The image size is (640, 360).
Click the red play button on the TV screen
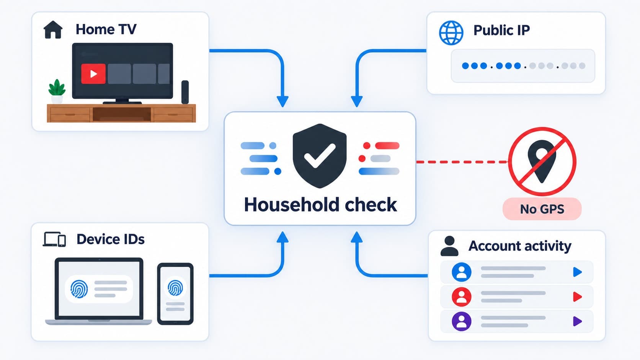pos(93,74)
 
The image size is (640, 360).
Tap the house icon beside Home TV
pos(53,29)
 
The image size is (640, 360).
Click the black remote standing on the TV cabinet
pos(185,92)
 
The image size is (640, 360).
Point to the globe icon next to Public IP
pos(451,33)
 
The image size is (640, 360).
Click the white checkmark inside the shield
pos(320,156)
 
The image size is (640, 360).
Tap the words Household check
pos(320,205)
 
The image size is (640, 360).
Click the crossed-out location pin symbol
pos(542,161)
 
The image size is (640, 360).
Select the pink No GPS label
pos(542,209)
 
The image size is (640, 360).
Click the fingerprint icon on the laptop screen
pos(79,289)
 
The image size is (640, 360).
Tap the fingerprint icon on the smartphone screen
pos(175,287)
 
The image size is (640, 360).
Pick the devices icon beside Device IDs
pos(54,239)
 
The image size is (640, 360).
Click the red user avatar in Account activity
pos(461,297)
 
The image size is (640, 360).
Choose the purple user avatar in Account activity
pos(461,321)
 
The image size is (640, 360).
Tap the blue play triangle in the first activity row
pos(577,272)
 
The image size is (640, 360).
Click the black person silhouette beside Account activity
pos(449,246)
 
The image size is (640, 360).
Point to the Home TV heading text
pos(106,29)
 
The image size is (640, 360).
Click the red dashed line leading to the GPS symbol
pos(462,162)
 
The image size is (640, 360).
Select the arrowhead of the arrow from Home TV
pos(282,101)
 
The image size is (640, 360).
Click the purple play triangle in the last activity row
pos(577,321)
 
